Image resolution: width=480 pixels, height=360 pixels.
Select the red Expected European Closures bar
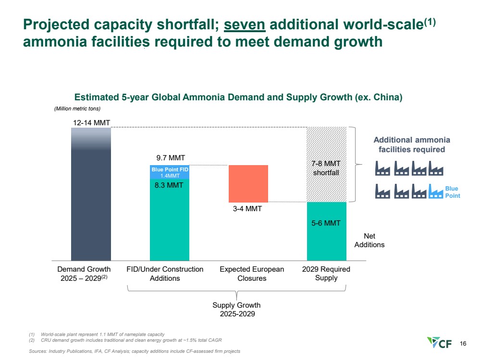(x=248, y=183)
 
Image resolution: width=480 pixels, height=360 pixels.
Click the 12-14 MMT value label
(x=91, y=123)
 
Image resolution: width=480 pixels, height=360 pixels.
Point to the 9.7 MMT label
(x=171, y=157)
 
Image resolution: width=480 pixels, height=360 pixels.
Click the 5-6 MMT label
(x=326, y=223)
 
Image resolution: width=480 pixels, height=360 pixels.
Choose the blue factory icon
(x=436, y=192)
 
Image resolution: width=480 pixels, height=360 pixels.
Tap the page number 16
(x=463, y=343)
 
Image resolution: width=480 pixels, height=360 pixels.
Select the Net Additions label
(x=369, y=240)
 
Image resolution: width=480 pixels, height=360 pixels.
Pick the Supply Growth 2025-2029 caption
(x=236, y=310)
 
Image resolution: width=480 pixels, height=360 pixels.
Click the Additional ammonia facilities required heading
(x=412, y=144)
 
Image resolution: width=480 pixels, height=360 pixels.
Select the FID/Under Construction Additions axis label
(x=165, y=274)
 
